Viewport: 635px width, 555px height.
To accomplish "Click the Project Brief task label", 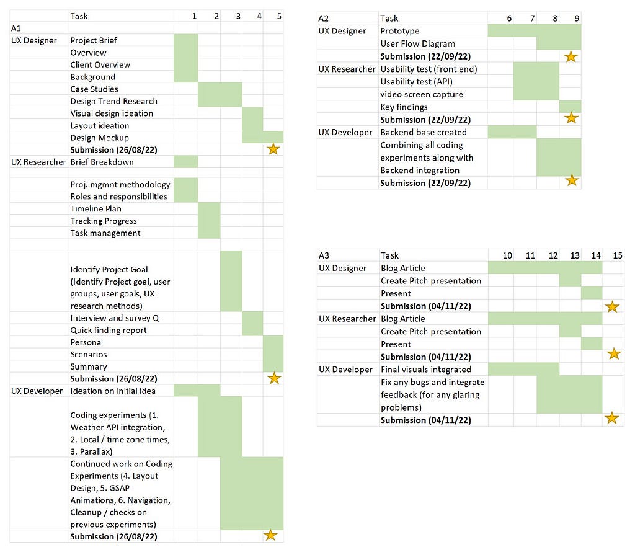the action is [x=94, y=40].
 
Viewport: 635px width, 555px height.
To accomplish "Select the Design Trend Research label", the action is [x=114, y=101].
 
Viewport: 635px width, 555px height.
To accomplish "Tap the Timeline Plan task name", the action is [x=96, y=208].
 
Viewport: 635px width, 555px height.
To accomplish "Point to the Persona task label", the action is [x=86, y=342].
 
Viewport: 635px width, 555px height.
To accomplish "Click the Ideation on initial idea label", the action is [x=113, y=391].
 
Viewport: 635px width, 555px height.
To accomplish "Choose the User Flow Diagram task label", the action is [x=417, y=44].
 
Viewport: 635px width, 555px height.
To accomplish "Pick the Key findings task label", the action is [x=404, y=107].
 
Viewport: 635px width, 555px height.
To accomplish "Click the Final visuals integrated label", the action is [x=426, y=370].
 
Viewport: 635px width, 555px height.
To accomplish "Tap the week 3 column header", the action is [x=238, y=16].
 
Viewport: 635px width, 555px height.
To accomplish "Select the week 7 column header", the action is [x=532, y=18].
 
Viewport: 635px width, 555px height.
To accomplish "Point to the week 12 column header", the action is [x=553, y=255].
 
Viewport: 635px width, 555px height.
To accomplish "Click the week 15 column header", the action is [x=618, y=255].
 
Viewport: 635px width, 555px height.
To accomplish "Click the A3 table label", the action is [x=324, y=255].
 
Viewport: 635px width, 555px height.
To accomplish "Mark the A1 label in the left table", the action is [x=16, y=29].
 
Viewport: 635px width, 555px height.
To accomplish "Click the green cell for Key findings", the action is [x=571, y=107].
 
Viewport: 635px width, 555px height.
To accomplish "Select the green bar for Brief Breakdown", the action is [x=186, y=162].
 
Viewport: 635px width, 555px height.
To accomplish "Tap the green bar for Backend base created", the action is [x=512, y=132].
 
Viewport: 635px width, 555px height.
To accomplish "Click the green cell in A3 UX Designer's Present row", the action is [x=592, y=293].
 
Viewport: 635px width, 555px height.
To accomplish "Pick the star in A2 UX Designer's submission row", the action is [x=571, y=56].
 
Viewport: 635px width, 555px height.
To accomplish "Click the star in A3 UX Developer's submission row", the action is [x=612, y=418].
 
